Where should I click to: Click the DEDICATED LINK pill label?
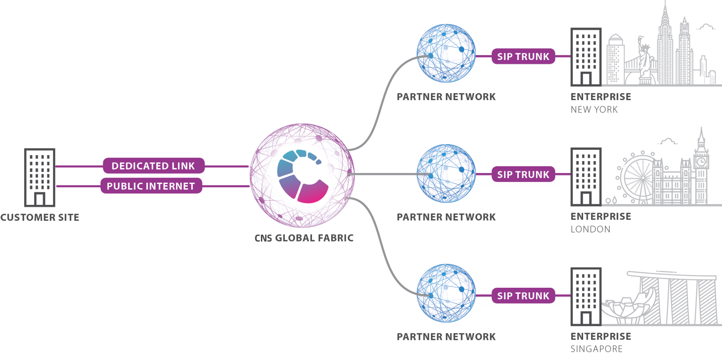coord(153,166)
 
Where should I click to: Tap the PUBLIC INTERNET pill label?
coord(151,186)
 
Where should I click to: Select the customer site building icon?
coord(40,177)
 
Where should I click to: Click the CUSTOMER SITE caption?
coord(39,218)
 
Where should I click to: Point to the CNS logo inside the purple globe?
coord(302,176)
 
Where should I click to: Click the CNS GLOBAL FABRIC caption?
coord(304,238)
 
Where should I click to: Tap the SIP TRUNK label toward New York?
coord(523,56)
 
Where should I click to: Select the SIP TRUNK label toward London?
coord(523,175)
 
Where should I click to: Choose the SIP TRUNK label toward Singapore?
coord(523,296)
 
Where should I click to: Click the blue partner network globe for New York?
coord(446,54)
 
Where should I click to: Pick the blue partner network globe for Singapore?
coord(446,293)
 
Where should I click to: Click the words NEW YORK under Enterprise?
coord(594,110)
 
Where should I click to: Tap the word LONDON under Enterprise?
coord(591,230)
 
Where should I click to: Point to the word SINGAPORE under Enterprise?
coord(596,349)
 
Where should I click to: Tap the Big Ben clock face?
coord(701,161)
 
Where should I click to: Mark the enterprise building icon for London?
coord(586,177)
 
